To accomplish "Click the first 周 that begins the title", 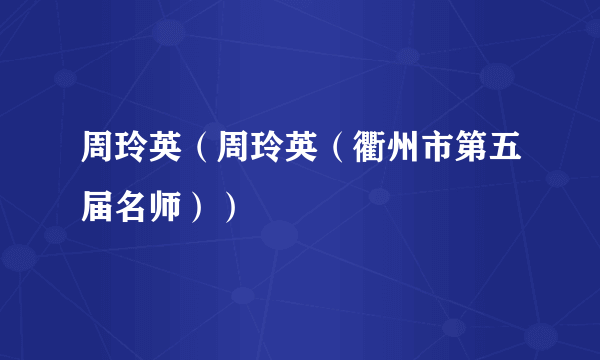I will pos(97,157).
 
